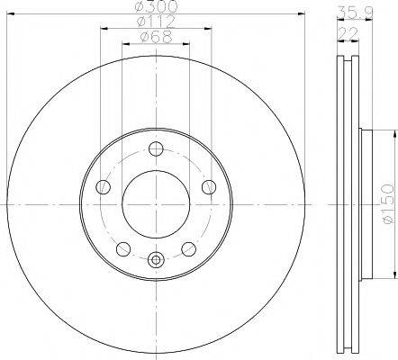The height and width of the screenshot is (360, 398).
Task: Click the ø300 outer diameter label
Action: (x=156, y=6)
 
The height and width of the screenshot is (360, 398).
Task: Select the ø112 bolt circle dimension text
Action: (x=156, y=22)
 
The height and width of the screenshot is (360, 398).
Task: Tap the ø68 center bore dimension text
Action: (x=156, y=37)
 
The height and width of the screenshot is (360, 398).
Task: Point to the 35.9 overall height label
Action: (x=355, y=13)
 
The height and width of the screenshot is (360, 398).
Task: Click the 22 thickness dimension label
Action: (x=348, y=33)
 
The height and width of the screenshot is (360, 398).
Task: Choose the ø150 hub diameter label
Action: (x=387, y=203)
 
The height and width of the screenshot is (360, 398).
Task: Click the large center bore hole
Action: (x=156, y=204)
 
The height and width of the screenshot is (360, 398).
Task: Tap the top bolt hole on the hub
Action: (x=156, y=149)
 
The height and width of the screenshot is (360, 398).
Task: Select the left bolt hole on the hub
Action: (x=103, y=187)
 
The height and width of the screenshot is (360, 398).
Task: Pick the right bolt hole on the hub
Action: (x=209, y=187)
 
